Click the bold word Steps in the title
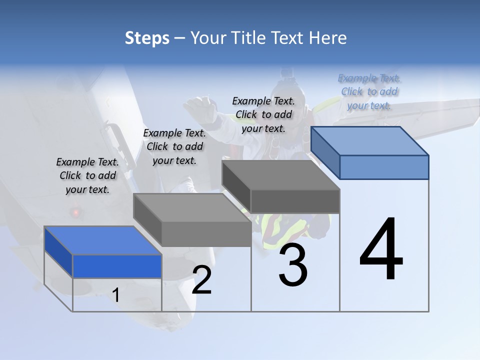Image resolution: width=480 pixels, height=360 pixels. pos(146,38)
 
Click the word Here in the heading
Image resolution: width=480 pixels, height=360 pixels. pos(327,38)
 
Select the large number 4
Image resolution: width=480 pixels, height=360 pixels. pos(381,249)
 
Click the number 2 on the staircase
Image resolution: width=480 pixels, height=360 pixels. pos(201,280)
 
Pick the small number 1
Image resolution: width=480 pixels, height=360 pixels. pos(116,295)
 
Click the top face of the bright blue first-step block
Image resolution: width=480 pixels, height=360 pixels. pos(102,240)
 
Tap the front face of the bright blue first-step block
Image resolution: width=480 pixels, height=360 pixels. pos(117,266)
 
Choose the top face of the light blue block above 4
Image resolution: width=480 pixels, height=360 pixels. pos(369,140)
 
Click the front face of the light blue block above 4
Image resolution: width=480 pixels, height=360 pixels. pos(383,167)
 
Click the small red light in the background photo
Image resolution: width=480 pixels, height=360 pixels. pos(76,212)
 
